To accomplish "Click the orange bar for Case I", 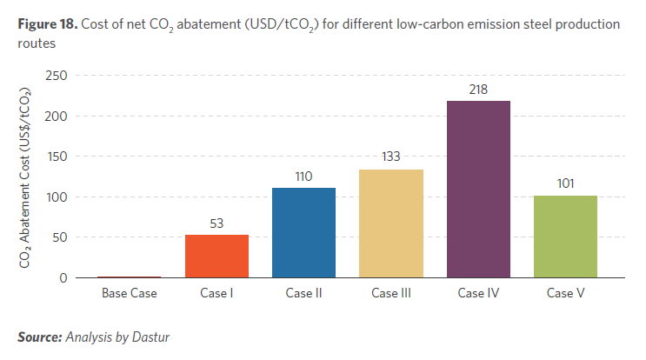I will pos(216,257).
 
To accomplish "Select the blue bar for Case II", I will pos(303,232).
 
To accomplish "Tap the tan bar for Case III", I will pos(390,223).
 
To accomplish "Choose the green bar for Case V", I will pos(565,237).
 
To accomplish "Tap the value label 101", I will pos(565,185).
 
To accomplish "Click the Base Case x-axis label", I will pos(130,293).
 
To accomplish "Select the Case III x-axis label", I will pos(390,293).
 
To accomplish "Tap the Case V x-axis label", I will pos(565,293).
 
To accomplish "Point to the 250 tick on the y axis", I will pos(57,76).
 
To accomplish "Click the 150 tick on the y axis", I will pos(57,157).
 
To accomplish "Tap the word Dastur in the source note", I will pos(150,337).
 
